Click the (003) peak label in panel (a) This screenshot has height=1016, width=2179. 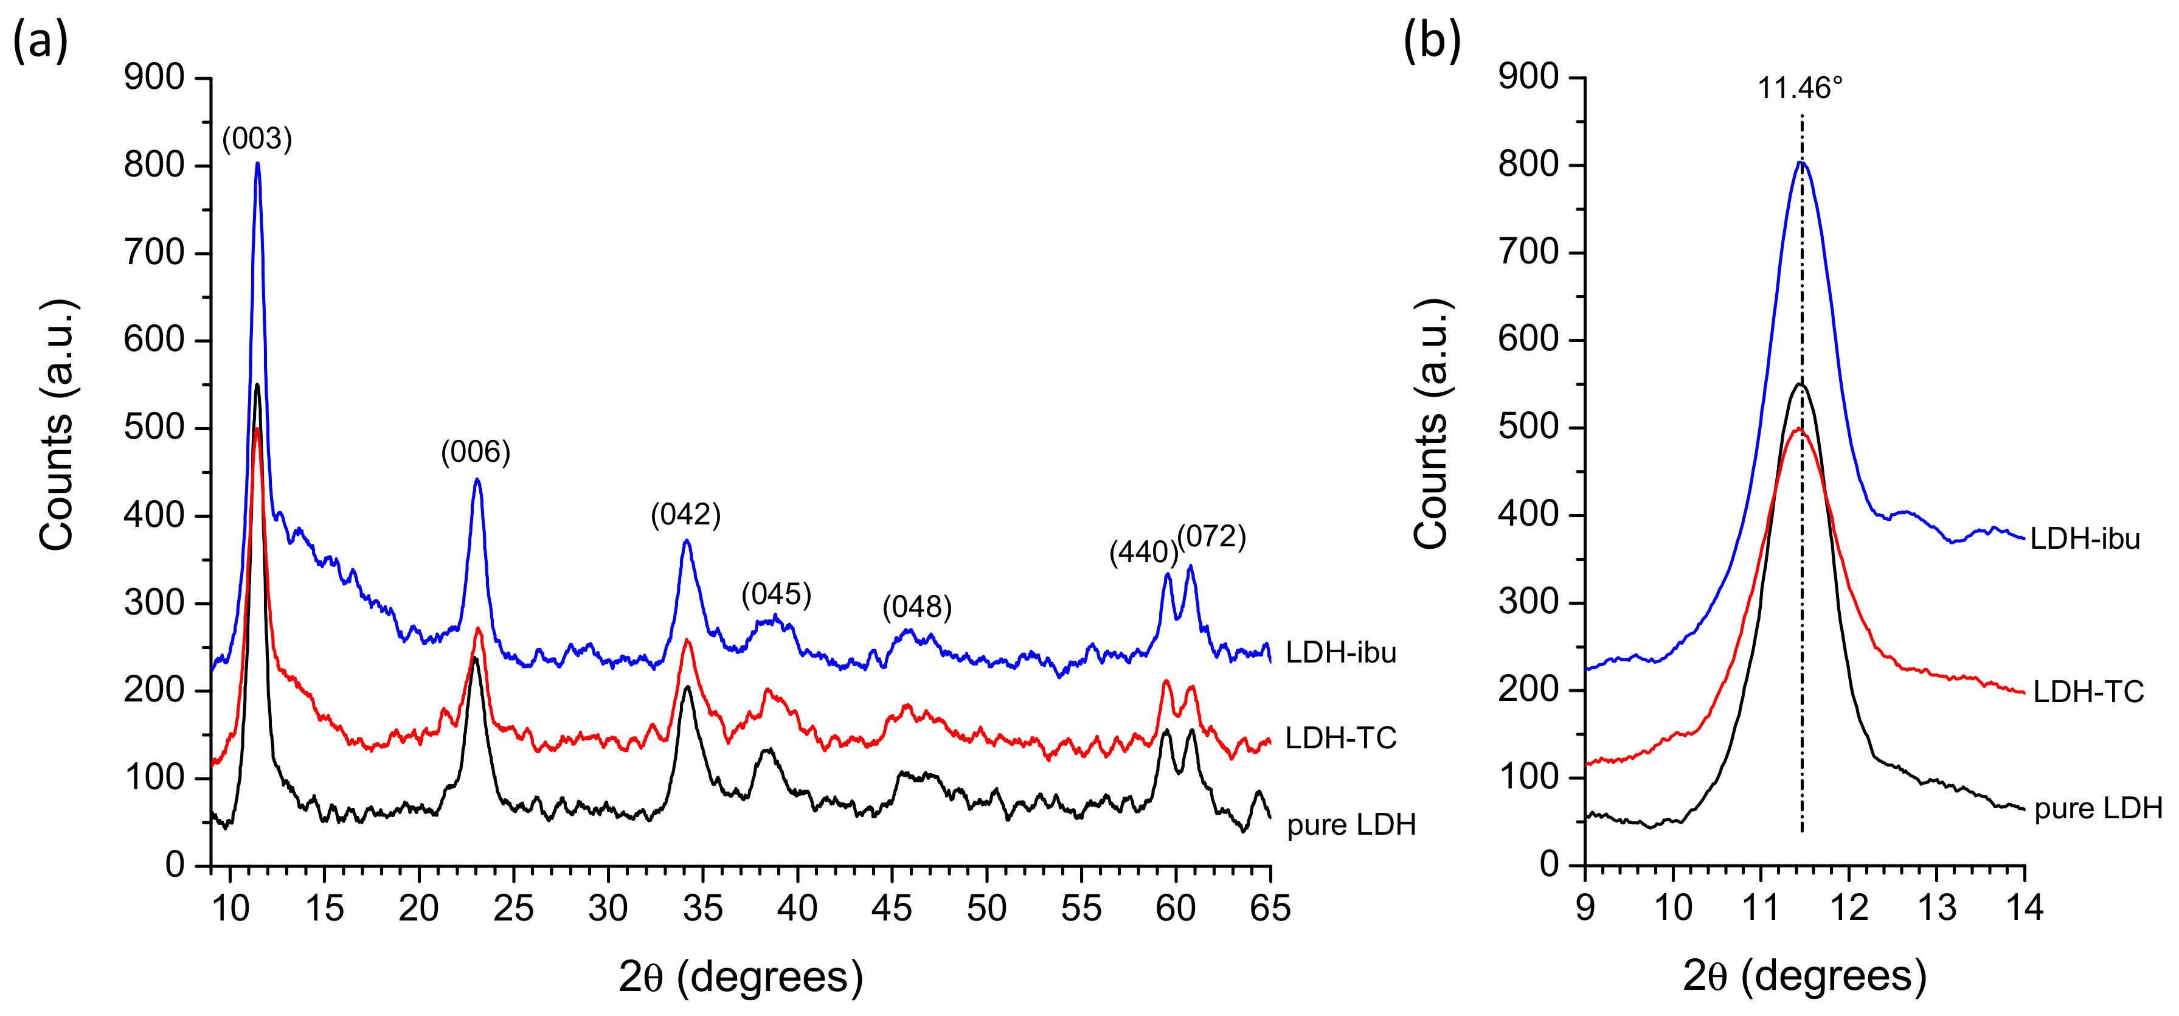(x=257, y=139)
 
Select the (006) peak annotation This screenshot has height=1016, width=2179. (x=476, y=452)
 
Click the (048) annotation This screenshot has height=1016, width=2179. (x=917, y=607)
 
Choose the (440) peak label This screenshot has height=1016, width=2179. (x=1143, y=552)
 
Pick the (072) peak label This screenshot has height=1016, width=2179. (x=1211, y=537)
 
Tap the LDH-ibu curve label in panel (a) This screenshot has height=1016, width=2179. (x=1341, y=652)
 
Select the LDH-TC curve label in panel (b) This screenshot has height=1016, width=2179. (x=2088, y=692)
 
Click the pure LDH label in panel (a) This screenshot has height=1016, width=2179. (x=1351, y=825)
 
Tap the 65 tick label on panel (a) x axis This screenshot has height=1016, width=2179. (x=1270, y=908)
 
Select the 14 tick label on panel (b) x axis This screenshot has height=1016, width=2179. (x=2023, y=908)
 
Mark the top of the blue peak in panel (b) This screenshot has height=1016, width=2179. (x=1801, y=162)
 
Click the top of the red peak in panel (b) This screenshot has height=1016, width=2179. (x=1800, y=429)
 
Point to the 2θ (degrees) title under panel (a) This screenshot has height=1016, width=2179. (x=740, y=977)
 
